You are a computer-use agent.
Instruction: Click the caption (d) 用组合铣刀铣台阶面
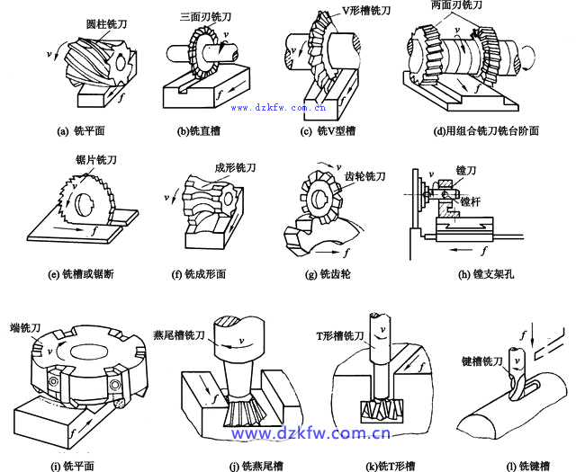coord(486,130)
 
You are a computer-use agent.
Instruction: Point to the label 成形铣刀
coord(233,166)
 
